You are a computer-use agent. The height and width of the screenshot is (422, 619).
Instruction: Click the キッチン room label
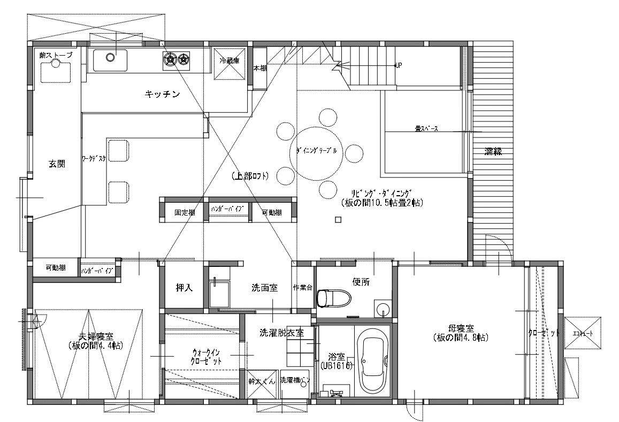161,95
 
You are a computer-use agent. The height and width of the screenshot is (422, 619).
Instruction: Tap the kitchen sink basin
110,60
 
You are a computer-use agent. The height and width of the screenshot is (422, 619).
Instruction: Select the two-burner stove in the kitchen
177,60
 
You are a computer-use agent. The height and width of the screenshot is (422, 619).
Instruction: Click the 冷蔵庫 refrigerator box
230,65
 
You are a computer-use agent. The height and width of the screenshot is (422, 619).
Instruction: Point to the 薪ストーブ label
56,55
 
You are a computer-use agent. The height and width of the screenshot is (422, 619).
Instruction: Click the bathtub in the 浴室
373,360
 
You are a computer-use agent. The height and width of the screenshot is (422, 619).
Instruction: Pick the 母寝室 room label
460,333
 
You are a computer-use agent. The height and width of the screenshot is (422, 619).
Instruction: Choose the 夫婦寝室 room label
96,341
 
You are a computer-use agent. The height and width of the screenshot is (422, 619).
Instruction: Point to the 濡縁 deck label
493,151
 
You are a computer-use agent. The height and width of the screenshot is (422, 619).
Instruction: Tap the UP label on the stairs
398,65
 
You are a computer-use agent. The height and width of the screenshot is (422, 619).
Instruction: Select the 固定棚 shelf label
185,212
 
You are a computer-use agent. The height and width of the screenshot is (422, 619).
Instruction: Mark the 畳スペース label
426,129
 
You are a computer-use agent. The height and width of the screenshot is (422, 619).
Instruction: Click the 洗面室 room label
264,288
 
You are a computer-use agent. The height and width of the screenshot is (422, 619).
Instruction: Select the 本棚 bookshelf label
259,68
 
